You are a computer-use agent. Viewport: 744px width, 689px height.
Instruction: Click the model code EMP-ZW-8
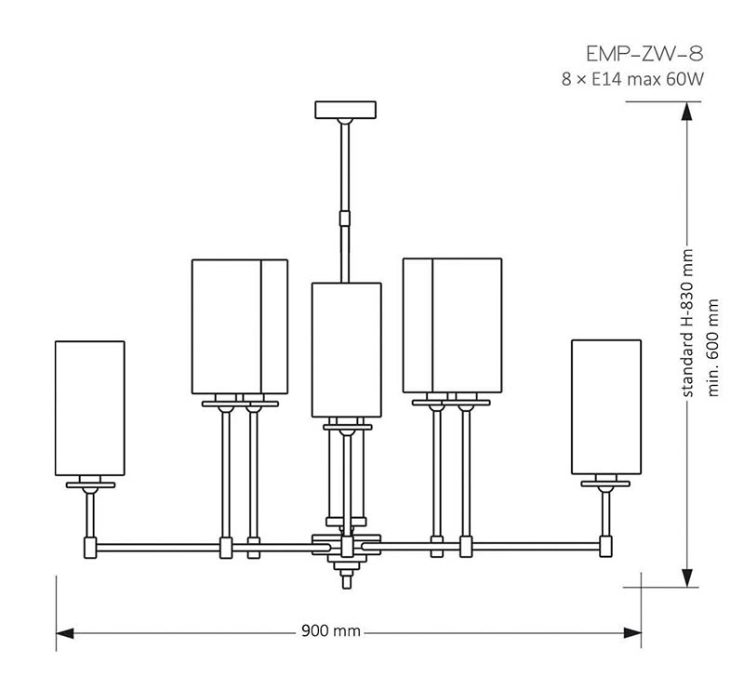pos(644,54)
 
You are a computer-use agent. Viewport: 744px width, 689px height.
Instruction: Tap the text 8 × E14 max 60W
pos(632,79)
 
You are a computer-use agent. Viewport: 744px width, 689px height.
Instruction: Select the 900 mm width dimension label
pos(331,631)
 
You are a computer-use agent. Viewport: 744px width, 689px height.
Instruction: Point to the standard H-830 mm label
pos(687,324)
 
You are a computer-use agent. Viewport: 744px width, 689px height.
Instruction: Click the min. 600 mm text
pos(713,348)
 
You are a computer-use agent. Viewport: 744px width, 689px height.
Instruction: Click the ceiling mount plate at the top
pos(345,110)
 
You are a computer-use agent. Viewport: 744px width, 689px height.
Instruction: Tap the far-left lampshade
pos(89,408)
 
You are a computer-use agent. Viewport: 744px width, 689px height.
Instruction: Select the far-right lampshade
pos(606,406)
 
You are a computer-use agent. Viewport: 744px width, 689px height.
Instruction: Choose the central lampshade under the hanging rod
pos(346,351)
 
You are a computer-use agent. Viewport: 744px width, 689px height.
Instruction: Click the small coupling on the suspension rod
pos(345,219)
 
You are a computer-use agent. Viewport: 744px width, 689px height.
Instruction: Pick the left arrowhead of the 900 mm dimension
pos(65,633)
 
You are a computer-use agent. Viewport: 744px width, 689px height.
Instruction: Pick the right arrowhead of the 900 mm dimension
pos(632,633)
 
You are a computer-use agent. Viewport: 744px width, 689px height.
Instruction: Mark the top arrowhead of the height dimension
pos(686,112)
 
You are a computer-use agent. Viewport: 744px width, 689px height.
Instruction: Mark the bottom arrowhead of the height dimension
pos(686,578)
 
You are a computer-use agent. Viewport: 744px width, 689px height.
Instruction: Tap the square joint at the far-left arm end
pos(90,548)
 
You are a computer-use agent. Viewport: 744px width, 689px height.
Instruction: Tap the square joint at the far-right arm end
pos(605,546)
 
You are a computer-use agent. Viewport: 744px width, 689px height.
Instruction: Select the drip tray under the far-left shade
pos(90,485)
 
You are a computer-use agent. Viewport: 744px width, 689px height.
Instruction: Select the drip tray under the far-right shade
pos(605,484)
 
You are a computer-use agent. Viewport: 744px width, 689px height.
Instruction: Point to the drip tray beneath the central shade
pos(347,427)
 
